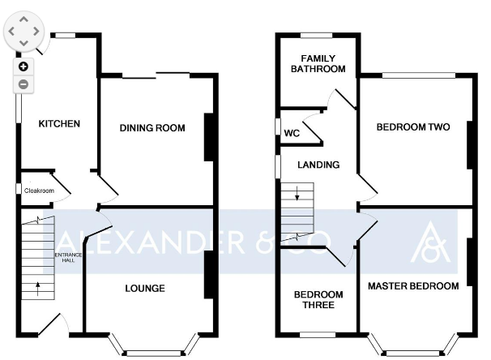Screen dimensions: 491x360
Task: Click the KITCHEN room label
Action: pyautogui.click(x=59, y=124)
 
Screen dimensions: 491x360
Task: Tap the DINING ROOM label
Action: pyautogui.click(x=152, y=128)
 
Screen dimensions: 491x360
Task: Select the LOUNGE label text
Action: pyautogui.click(x=145, y=289)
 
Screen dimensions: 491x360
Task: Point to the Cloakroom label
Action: pyautogui.click(x=39, y=191)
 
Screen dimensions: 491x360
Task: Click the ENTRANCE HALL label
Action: pyautogui.click(x=68, y=257)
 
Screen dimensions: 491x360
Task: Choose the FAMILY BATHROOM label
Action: pyautogui.click(x=318, y=63)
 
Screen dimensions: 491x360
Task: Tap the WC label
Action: pyautogui.click(x=292, y=133)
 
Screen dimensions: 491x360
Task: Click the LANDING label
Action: pyautogui.click(x=318, y=165)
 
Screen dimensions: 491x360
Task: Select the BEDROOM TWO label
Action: pyautogui.click(x=413, y=127)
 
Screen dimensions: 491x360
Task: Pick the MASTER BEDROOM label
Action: pyautogui.click(x=413, y=285)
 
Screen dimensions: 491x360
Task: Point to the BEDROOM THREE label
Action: pyautogui.click(x=318, y=299)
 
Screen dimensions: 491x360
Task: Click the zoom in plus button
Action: pyautogui.click(x=23, y=66)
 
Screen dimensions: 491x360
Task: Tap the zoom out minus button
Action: pyautogui.click(x=23, y=84)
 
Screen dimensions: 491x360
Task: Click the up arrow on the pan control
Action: pyautogui.click(x=23, y=19)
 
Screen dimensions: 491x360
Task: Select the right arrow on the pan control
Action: pyautogui.click(x=36, y=32)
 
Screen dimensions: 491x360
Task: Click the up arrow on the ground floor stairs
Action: pyautogui.click(x=38, y=289)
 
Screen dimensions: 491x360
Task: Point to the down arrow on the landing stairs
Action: pyautogui.click(x=297, y=193)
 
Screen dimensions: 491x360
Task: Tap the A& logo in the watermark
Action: pyautogui.click(x=430, y=242)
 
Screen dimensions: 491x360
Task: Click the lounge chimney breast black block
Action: pyautogui.click(x=209, y=275)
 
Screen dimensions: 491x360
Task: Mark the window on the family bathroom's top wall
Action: pyautogui.click(x=316, y=35)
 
